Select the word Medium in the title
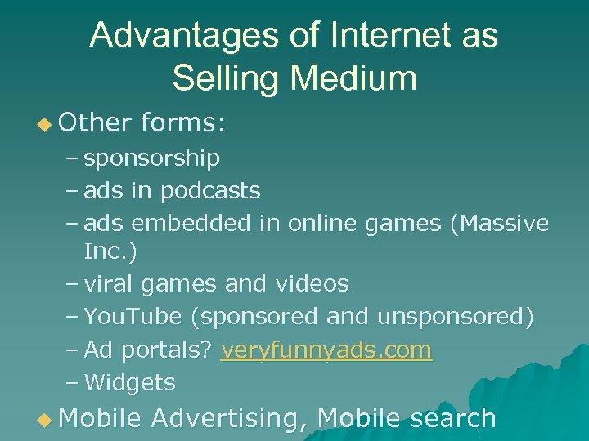coord(353,78)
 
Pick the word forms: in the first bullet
coord(184,123)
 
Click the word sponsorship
coord(152,158)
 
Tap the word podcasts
coord(210,190)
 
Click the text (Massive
coord(499,223)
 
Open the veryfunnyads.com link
coord(326,350)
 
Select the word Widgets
coord(130,382)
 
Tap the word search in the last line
coord(453,418)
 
